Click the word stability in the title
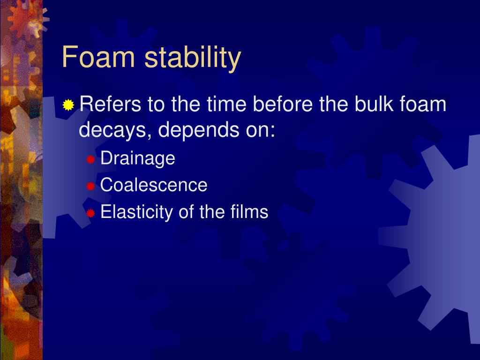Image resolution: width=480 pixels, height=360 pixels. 193,58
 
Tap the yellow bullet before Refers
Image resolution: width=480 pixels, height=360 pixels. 69,105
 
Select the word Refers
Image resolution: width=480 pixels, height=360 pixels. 111,104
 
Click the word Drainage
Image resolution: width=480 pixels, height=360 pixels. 138,158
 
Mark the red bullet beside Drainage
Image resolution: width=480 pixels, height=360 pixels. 91,160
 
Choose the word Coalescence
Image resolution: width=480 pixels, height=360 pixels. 154,185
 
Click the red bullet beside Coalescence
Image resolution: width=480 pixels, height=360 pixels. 91,187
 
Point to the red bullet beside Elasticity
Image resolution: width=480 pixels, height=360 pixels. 91,214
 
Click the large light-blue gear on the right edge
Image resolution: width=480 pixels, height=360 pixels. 441,234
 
